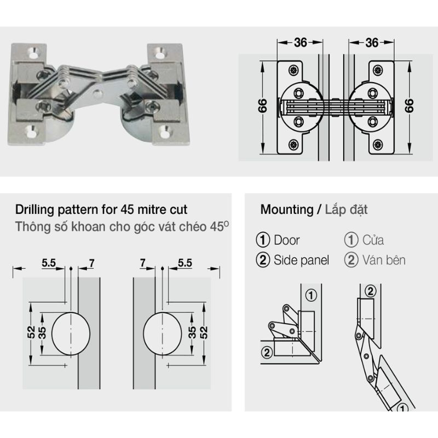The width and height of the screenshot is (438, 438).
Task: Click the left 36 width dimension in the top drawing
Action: (299, 43)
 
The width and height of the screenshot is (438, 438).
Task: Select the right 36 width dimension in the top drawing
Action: (372, 43)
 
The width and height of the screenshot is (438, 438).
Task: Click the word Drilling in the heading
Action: (35, 210)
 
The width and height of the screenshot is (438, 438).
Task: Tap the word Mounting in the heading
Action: (284, 210)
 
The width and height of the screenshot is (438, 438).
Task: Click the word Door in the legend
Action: (287, 240)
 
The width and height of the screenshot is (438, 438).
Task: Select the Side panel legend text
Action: (302, 260)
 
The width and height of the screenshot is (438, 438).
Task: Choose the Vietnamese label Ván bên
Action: (383, 260)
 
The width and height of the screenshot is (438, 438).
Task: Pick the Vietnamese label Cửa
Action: (373, 240)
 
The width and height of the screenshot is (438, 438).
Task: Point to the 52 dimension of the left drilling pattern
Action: (31, 333)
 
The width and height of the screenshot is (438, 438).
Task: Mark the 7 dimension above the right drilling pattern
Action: (143, 263)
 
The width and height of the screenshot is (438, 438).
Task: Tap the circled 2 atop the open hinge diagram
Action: (370, 291)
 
